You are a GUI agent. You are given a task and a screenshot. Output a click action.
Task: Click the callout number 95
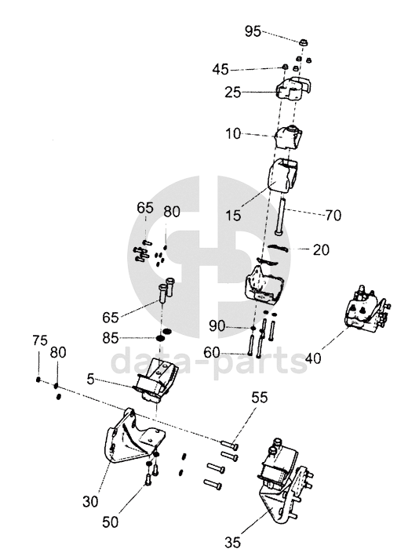pos(253,31)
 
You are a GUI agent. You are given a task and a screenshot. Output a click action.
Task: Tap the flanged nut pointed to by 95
pos(304,42)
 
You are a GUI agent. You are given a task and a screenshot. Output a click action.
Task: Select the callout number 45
pos(220,69)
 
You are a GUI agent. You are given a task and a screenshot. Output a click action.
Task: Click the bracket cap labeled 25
pos(294,88)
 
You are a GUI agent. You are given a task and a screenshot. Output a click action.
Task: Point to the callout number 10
pos(233,134)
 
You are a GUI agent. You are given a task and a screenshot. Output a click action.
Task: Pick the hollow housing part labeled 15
pos(283,176)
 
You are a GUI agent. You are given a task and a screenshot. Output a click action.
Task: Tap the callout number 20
pos(320,249)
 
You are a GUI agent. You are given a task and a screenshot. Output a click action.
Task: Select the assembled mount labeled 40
pos(367,307)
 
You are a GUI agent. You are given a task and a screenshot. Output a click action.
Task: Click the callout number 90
pos(217,326)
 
